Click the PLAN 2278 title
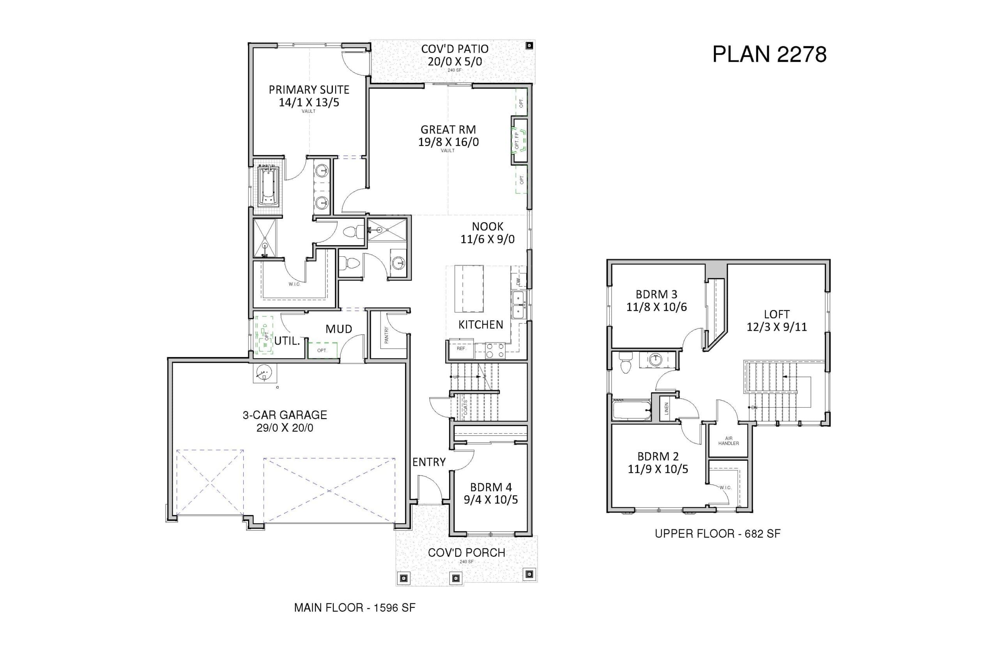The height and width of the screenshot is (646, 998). (769, 54)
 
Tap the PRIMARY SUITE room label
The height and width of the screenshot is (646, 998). (309, 89)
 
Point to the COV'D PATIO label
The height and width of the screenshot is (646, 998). (455, 49)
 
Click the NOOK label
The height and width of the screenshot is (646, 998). (487, 227)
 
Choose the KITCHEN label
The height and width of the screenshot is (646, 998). (481, 324)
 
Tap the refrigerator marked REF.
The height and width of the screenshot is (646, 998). (461, 349)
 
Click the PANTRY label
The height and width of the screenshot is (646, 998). (386, 335)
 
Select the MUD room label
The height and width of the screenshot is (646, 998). (339, 329)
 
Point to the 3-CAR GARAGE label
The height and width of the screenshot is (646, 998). (285, 415)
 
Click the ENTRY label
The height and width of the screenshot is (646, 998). (429, 462)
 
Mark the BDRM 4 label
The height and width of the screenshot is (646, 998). (491, 487)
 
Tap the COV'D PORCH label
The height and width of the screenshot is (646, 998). (467, 552)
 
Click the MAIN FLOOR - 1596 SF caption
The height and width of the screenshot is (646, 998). (355, 607)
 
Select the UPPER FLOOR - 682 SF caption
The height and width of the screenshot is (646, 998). (718, 534)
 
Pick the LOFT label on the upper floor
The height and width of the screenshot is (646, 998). (777, 314)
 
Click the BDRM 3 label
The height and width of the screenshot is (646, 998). (656, 294)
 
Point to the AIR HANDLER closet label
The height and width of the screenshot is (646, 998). (729, 441)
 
